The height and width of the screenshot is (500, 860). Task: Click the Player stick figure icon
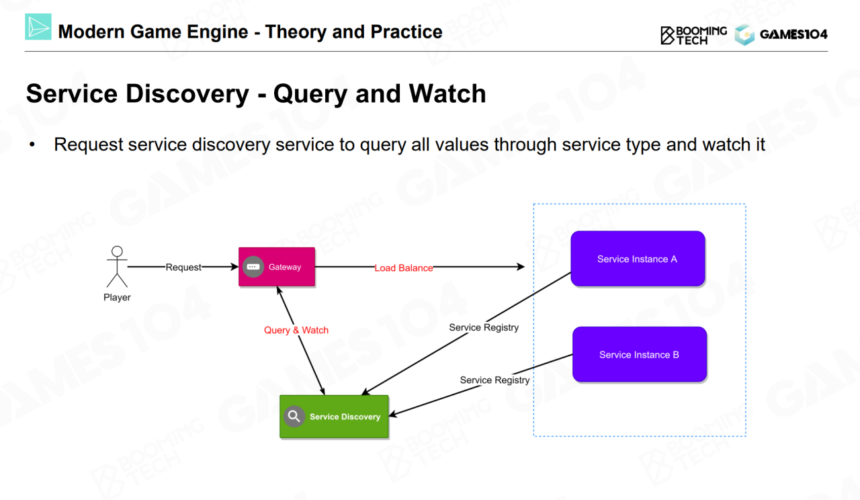coord(117,267)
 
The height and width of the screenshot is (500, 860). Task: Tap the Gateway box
coord(277,267)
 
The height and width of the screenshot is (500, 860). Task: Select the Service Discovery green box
coord(334,417)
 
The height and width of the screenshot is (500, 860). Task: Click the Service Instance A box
coord(638,259)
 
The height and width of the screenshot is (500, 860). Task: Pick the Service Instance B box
coord(639,355)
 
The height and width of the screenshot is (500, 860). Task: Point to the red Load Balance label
coord(403,267)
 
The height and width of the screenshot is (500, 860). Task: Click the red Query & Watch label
coord(296,330)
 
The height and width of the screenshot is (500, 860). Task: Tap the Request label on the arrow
coord(183,267)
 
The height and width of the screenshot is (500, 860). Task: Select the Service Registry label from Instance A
coord(484,327)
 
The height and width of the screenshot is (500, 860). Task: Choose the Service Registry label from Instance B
coord(494,380)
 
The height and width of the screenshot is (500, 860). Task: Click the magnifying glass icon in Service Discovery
coord(294,417)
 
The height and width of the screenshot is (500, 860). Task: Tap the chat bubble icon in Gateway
coord(253,267)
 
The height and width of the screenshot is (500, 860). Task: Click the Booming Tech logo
coord(693,35)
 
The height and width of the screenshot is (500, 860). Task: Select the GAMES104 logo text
coord(793,34)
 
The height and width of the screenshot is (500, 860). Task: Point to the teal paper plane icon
coord(38,28)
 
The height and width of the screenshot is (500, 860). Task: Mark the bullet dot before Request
coord(32,145)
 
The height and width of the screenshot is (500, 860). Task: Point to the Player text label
coord(117,297)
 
